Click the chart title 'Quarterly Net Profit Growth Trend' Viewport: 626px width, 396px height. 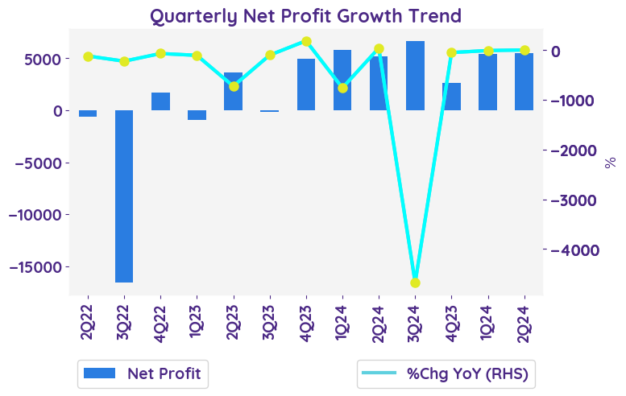305,15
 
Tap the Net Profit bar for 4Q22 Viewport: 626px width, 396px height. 160,101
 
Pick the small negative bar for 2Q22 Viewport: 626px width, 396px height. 88,113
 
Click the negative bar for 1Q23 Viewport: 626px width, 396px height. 197,115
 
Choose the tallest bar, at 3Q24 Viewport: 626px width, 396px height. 415,76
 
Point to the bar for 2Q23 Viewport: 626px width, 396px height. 234,91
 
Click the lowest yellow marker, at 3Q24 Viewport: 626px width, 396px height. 415,283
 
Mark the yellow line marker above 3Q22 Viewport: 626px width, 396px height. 124,61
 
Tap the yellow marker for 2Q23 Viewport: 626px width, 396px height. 234,86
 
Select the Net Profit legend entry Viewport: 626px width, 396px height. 143,373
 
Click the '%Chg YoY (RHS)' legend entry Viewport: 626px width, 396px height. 448,373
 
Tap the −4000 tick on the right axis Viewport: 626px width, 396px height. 574,250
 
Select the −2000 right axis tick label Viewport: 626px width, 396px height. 574,151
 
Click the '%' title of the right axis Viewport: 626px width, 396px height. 610,162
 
